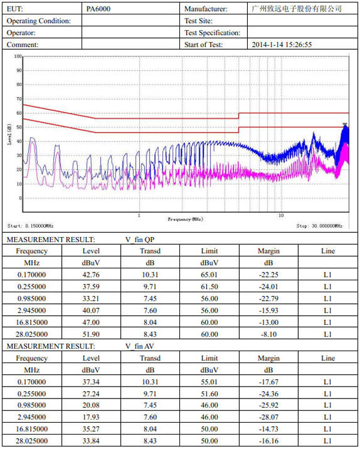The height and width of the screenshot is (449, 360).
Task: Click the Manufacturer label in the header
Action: (x=206, y=9)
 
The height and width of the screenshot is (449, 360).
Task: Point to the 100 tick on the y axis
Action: (x=18, y=56)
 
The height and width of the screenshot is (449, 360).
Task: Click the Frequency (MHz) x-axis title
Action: (x=185, y=220)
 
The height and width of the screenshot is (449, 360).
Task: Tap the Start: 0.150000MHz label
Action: (x=31, y=226)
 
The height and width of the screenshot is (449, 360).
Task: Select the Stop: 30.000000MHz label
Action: (x=320, y=226)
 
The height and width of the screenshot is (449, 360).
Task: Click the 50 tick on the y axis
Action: (x=19, y=127)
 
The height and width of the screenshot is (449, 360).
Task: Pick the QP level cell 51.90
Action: (x=91, y=334)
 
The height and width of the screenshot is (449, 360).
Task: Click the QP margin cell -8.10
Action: (x=268, y=334)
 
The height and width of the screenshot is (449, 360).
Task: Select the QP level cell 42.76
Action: (x=91, y=274)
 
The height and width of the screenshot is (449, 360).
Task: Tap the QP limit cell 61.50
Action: (x=209, y=286)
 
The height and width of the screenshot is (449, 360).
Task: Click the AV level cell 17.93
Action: (x=91, y=417)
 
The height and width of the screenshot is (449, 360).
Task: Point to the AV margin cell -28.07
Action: (x=268, y=417)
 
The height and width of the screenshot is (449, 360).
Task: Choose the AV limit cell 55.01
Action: (x=209, y=382)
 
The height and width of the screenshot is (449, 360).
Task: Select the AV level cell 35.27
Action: (x=91, y=429)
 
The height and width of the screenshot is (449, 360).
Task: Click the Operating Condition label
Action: (x=38, y=21)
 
